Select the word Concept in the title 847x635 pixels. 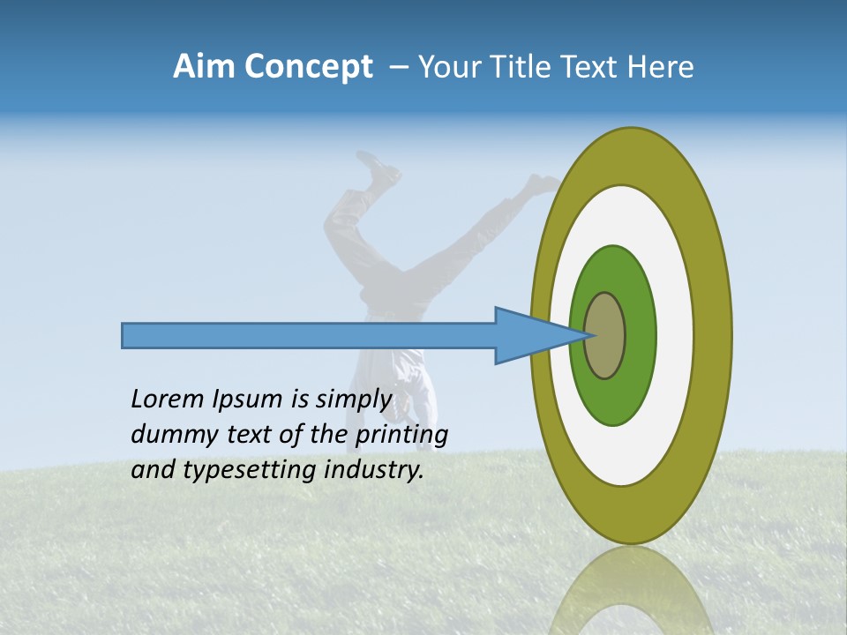[x=308, y=68]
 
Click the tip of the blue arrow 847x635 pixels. [x=587, y=335]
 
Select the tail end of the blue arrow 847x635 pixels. [x=125, y=335]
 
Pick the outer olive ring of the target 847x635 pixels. [x=715, y=335]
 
